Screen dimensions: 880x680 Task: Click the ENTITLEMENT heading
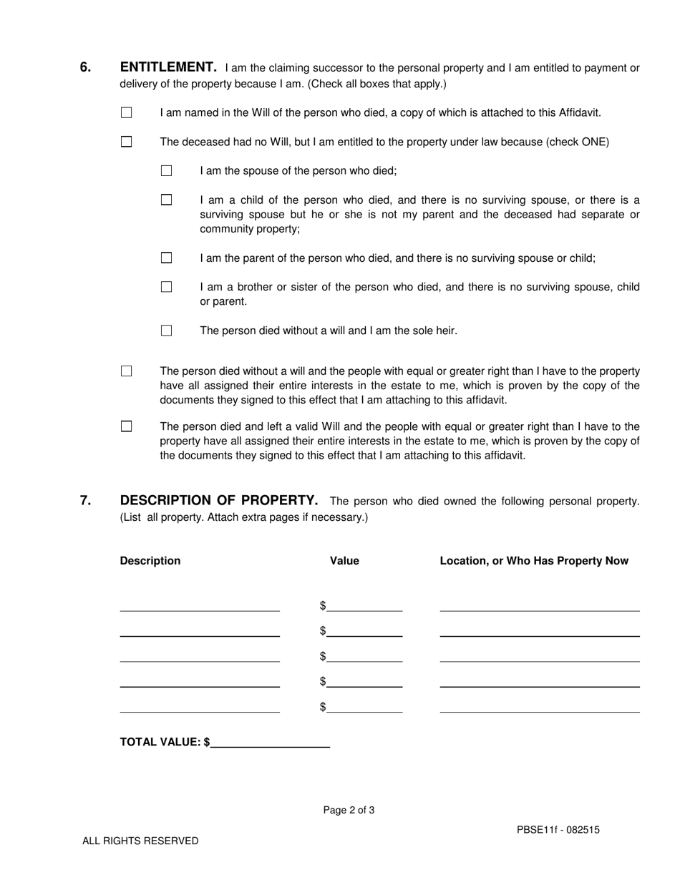coord(168,67)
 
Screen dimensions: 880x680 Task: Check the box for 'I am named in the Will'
coord(127,112)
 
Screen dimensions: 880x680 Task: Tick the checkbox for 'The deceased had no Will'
coord(127,142)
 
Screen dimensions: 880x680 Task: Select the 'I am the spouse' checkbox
coord(167,171)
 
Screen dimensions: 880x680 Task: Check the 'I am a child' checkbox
coord(167,200)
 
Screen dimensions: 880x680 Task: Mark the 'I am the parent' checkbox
coord(167,258)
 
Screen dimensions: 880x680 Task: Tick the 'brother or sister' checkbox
coord(167,287)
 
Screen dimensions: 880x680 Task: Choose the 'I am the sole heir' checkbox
coord(167,331)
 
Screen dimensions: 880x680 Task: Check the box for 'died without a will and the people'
coord(127,371)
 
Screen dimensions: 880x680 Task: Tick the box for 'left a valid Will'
coord(127,426)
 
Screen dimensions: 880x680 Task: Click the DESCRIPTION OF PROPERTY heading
coord(219,500)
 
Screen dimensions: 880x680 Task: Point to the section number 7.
coord(85,500)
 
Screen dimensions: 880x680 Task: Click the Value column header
coord(344,561)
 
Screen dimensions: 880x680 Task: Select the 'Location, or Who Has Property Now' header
coord(534,561)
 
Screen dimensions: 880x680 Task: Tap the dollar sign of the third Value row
coord(323,656)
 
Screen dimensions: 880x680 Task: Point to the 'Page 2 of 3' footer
coord(349,811)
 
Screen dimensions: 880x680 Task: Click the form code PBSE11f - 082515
coord(558,830)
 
